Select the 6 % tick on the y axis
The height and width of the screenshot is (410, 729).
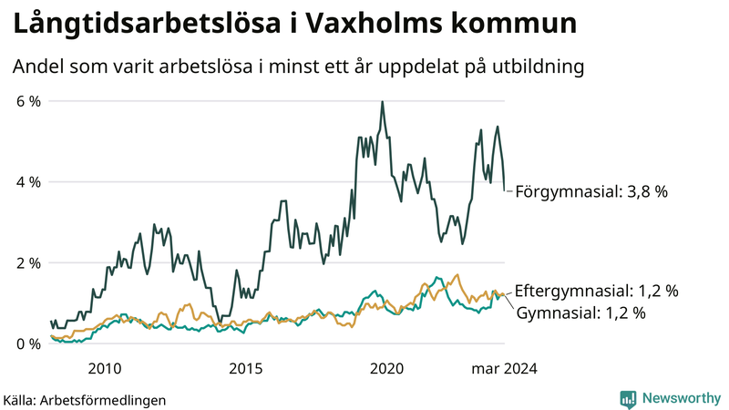coord(27,101)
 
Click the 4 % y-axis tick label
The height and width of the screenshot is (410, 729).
coord(27,182)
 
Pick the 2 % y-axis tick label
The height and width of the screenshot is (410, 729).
coord(27,263)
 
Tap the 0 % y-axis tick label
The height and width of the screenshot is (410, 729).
coord(27,344)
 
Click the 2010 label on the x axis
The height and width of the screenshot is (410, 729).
coord(104,369)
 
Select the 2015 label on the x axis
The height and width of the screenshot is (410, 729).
coord(245,369)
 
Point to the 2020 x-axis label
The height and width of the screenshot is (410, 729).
coord(386,369)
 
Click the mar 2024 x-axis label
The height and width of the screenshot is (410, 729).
coord(504,369)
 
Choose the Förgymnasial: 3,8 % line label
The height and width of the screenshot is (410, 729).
coord(592,192)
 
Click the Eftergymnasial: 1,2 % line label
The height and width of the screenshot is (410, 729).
coord(597,292)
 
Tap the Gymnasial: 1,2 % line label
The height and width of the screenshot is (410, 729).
coord(581,313)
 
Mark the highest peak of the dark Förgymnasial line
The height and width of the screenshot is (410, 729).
coord(382,102)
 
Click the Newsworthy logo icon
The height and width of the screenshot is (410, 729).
coord(628,398)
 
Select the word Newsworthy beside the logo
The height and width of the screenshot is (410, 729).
coord(681,398)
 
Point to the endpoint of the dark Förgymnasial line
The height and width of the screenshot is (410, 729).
coord(505,190)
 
